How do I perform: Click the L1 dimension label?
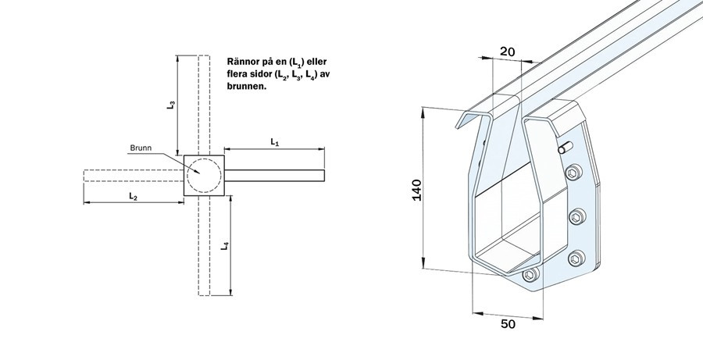coord(274,143)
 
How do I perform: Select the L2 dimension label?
coord(133,196)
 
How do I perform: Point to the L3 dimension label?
coord(171,105)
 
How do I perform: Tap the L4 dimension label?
coord(225,246)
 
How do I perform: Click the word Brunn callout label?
coord(141,148)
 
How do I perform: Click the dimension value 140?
coord(417,190)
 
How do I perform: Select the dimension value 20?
coord(508,52)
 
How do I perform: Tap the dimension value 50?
coord(508,323)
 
